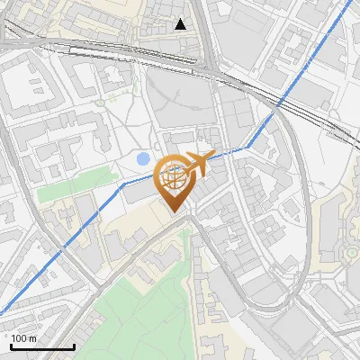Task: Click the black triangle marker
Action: pyautogui.click(x=181, y=24)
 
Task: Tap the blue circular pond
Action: pyautogui.click(x=143, y=159)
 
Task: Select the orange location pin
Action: pyautogui.click(x=175, y=183)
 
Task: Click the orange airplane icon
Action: pyautogui.click(x=199, y=164)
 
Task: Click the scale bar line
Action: pyautogui.click(x=41, y=347)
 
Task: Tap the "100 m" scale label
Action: pyautogui.click(x=23, y=338)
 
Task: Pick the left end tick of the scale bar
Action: pyautogui.click(x=10, y=345)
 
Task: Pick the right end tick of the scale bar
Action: pyautogui.click(x=74, y=345)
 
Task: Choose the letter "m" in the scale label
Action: pyautogui.click(x=32, y=338)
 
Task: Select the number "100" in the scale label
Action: pyautogui.click(x=19, y=338)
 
